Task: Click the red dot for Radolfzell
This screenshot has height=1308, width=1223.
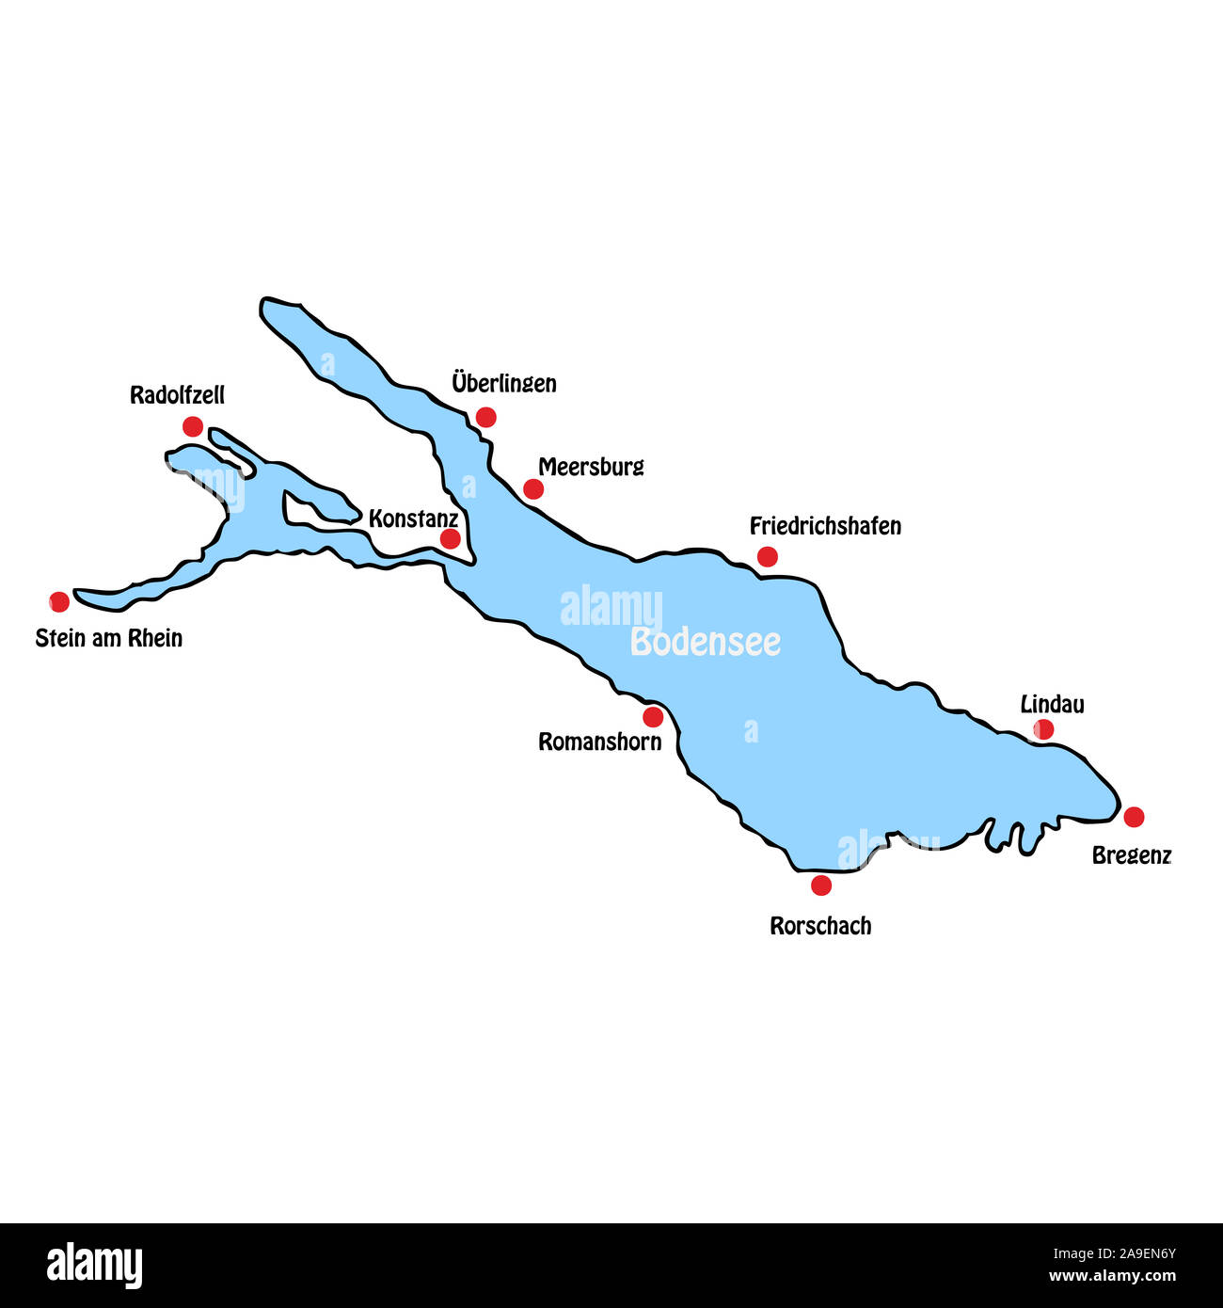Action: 193,426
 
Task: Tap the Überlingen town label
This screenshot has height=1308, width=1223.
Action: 503,384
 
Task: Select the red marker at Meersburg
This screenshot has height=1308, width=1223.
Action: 533,488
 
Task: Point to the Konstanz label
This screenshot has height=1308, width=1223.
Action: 413,518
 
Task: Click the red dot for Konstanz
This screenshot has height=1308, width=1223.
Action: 451,538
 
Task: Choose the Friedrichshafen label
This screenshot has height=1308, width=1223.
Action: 825,526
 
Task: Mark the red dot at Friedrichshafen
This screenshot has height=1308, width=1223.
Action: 768,556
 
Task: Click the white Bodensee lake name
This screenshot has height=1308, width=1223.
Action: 706,642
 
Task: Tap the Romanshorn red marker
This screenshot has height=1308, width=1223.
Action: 653,717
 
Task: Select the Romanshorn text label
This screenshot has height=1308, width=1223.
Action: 599,742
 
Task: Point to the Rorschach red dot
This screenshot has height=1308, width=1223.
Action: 821,885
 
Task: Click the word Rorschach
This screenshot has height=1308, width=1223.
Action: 820,926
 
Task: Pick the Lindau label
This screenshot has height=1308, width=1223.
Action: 1052,704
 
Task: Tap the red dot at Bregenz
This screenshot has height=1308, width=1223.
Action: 1134,817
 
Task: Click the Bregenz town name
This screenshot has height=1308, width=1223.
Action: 1131,855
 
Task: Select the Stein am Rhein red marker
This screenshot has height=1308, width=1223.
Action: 59,601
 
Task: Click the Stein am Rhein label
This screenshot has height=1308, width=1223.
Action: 109,638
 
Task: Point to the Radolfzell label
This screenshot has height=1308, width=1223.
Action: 177,395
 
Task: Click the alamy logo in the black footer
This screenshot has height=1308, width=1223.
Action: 95,1265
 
